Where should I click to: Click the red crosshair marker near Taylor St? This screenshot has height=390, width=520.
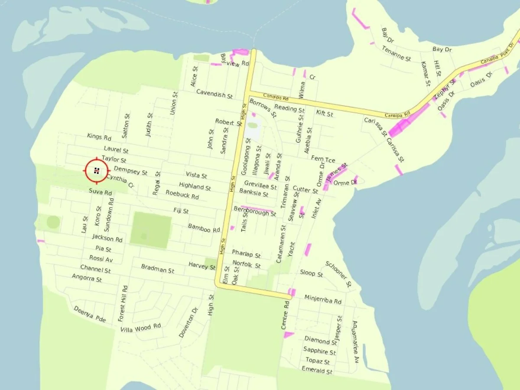point(96,171)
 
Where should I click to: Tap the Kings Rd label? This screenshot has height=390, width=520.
point(99,137)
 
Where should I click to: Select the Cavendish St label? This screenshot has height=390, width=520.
point(214,93)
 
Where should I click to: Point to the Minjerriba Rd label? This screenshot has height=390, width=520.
point(323,299)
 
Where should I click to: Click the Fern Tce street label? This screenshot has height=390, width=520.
point(323,159)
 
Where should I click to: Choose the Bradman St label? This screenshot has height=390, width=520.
point(157,269)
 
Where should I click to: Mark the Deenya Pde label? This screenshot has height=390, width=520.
point(90,314)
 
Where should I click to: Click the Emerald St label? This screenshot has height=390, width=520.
point(317,371)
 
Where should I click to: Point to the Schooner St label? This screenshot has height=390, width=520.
point(338,274)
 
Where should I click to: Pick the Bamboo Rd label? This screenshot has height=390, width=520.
point(204,228)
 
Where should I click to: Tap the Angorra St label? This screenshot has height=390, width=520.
point(87,278)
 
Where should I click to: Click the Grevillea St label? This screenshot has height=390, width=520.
point(260,185)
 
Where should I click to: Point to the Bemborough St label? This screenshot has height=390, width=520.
point(255,211)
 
